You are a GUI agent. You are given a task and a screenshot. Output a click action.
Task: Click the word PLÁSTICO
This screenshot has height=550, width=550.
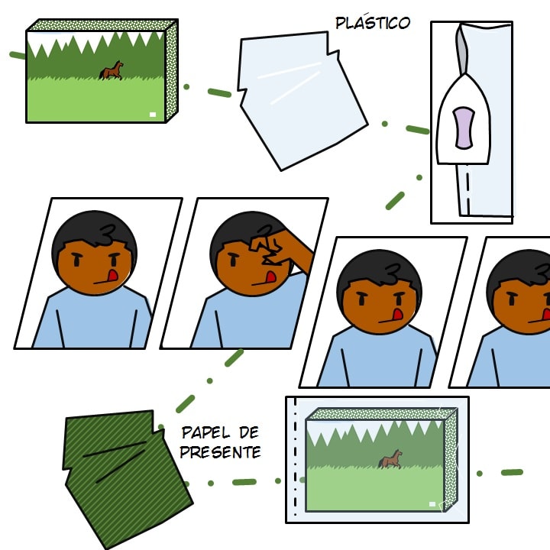tap(373, 22)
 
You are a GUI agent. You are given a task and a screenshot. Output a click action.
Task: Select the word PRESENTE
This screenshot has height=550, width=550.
tap(220, 452)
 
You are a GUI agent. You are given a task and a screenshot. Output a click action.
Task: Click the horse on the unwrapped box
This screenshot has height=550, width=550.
tap(112, 70)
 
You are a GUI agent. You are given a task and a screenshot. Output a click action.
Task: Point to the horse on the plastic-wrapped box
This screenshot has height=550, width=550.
tap(390, 459)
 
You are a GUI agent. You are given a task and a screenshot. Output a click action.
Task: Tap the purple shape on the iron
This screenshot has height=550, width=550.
tap(464, 128)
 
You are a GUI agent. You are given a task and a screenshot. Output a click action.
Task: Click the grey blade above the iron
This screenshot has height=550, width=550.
tap(462, 50)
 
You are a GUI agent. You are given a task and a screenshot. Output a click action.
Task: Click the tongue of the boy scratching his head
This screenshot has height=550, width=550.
tap(270, 277)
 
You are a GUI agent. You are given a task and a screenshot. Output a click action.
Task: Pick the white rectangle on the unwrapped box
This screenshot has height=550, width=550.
tap(153, 115)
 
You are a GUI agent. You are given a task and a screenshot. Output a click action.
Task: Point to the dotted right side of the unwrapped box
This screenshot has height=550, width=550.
tap(172, 71)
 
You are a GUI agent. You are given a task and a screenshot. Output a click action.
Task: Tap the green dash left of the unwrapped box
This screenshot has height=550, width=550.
tap(18, 55)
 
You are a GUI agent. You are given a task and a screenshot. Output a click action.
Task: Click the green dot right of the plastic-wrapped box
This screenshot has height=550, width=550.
tap(480, 474)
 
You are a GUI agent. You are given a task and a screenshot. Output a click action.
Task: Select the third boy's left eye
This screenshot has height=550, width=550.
tap(361, 300)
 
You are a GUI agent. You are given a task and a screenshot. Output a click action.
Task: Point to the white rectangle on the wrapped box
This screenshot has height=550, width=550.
tap(432, 504)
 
